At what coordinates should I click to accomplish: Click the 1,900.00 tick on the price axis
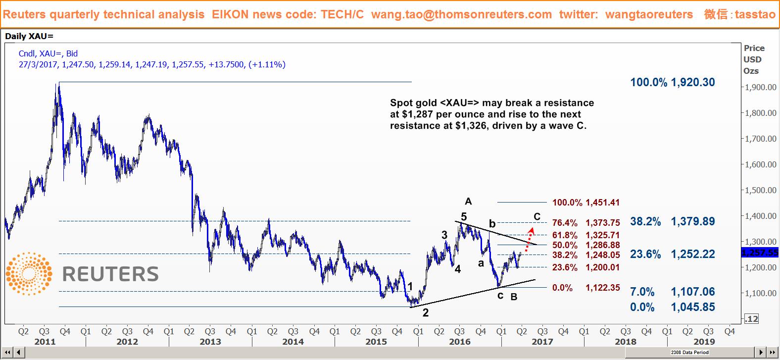[x=760, y=87]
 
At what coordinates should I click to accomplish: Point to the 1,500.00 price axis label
[x=760, y=190]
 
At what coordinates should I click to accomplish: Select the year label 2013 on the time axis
[x=210, y=341]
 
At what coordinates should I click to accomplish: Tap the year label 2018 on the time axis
[x=626, y=341]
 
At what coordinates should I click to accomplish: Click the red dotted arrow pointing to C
[x=529, y=237]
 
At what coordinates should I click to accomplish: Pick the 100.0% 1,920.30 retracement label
[x=672, y=82]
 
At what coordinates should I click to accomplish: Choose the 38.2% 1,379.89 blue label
[x=672, y=221]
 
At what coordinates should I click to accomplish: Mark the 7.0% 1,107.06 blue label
[x=672, y=292]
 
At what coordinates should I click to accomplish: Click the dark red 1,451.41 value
[x=602, y=203]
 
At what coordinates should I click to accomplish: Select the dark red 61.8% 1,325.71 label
[x=586, y=235]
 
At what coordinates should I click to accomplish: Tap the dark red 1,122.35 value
[x=602, y=288]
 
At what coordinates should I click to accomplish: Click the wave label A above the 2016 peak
[x=468, y=201]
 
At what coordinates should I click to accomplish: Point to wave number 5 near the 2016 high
[x=464, y=216]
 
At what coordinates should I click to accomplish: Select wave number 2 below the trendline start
[x=426, y=313]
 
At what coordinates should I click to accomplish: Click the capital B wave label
[x=514, y=297]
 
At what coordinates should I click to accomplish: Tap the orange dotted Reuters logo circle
[x=29, y=274]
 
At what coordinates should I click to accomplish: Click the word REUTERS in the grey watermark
[x=110, y=274]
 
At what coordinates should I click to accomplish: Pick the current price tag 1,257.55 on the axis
[x=760, y=253]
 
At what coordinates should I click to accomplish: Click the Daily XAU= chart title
[x=29, y=37]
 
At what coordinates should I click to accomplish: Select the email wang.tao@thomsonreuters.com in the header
[x=461, y=14]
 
